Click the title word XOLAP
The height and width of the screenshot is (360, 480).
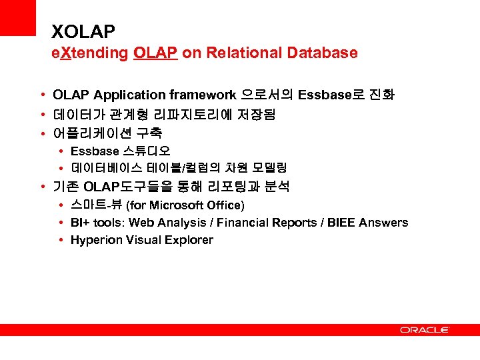coord(83,31)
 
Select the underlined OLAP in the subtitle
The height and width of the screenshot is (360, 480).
coord(155,53)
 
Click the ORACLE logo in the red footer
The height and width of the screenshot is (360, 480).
coord(425,329)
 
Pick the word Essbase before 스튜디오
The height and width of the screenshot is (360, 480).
coord(95,151)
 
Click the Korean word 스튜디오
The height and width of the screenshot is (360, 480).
coord(146,151)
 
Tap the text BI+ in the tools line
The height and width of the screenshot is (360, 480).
coord(80,223)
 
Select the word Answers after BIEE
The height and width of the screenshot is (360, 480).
coord(383,223)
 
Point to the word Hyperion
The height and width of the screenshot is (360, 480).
coord(96,240)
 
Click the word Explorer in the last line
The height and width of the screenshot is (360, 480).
coord(189,240)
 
